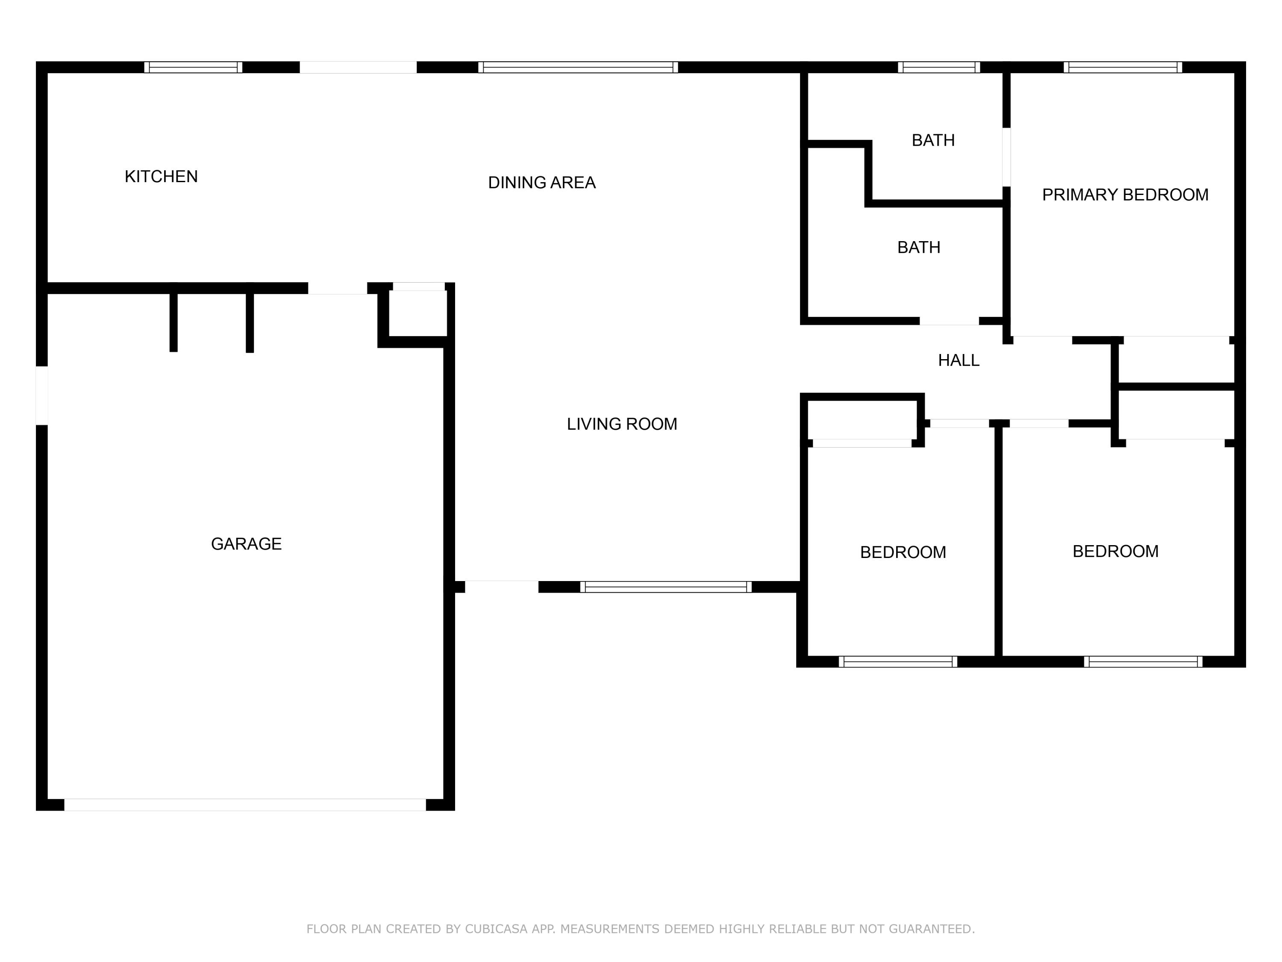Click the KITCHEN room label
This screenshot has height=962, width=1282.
pyautogui.click(x=161, y=176)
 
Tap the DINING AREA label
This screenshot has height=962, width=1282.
pyautogui.click(x=541, y=183)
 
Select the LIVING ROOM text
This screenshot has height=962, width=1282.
pyautogui.click(x=621, y=424)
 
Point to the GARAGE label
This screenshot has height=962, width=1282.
pyautogui.click(x=246, y=544)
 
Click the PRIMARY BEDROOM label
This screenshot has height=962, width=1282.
pyautogui.click(x=1125, y=195)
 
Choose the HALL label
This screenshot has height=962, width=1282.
pyautogui.click(x=959, y=361)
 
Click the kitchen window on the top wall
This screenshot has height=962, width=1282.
pyautogui.click(x=193, y=67)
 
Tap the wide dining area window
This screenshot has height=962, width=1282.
pyautogui.click(x=578, y=67)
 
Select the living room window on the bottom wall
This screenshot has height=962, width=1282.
pyautogui.click(x=665, y=587)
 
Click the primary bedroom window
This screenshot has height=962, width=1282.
pyautogui.click(x=1123, y=67)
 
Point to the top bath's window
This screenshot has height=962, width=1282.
pyautogui.click(x=939, y=67)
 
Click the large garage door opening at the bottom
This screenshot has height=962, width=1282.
pyautogui.click(x=244, y=804)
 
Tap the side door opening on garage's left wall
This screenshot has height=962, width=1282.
pyautogui.click(x=42, y=395)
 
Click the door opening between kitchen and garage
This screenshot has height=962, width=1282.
pyautogui.click(x=337, y=288)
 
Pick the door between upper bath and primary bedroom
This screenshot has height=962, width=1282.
pyautogui.click(x=1007, y=157)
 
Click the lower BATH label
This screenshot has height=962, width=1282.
pyautogui.click(x=919, y=248)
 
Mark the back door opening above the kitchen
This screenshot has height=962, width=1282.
pyautogui.click(x=358, y=67)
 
